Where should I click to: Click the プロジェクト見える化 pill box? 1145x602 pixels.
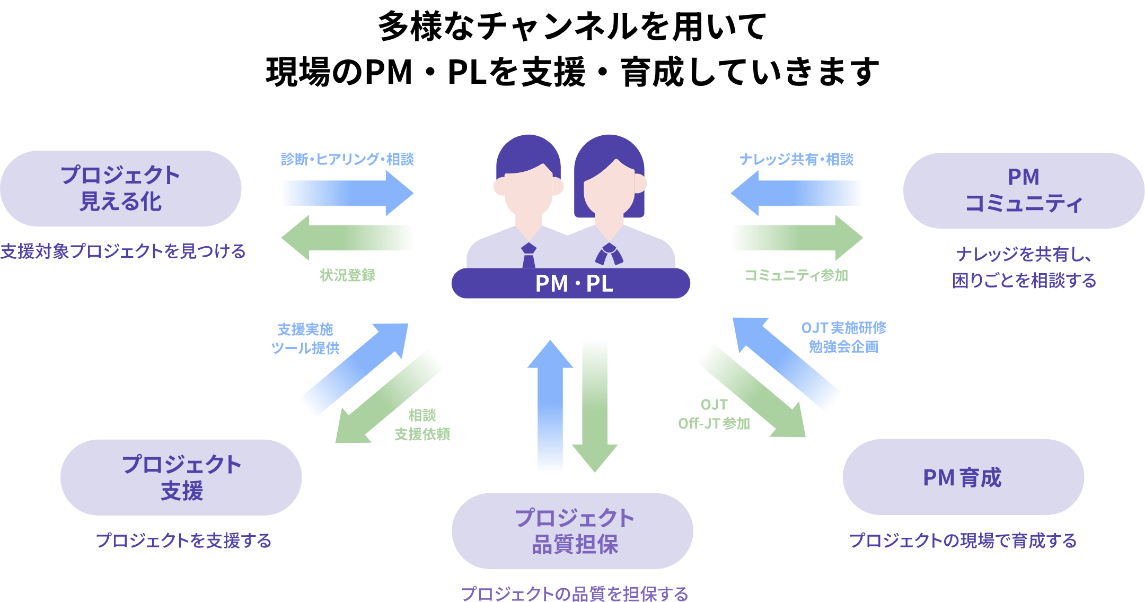pos(121,189)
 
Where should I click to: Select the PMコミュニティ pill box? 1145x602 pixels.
pos(1024,191)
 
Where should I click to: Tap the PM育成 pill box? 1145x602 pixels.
pos(963,477)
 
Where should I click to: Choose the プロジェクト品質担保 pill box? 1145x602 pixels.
pos(572,531)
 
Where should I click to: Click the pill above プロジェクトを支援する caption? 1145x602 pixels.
pos(181,477)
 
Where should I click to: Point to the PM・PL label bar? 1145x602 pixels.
pos(571,283)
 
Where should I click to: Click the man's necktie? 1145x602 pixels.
pos(529,256)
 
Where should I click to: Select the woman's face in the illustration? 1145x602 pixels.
pos(610,191)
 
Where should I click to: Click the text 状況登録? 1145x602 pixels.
pos(347,275)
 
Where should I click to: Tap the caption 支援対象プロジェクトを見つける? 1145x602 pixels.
pos(123,251)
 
